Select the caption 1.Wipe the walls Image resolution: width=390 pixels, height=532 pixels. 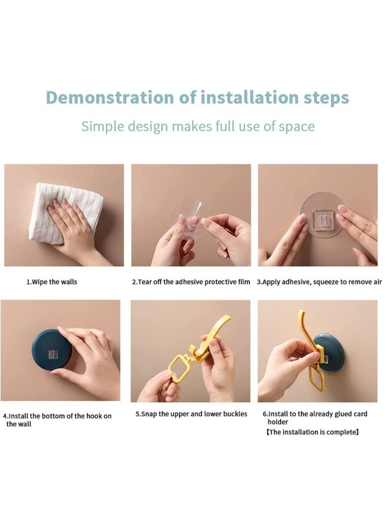pyautogui.click(x=52, y=282)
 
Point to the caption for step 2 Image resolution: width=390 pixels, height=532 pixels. pyautogui.click(x=191, y=282)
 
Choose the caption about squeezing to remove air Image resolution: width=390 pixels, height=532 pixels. pyautogui.click(x=319, y=282)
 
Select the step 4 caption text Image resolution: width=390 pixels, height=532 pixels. pyautogui.click(x=57, y=420)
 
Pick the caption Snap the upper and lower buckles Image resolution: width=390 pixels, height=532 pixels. pyautogui.click(x=191, y=414)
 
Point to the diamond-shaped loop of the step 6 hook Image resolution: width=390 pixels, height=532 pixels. pyautogui.click(x=317, y=376)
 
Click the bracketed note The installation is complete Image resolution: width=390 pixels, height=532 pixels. pyautogui.click(x=312, y=432)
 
